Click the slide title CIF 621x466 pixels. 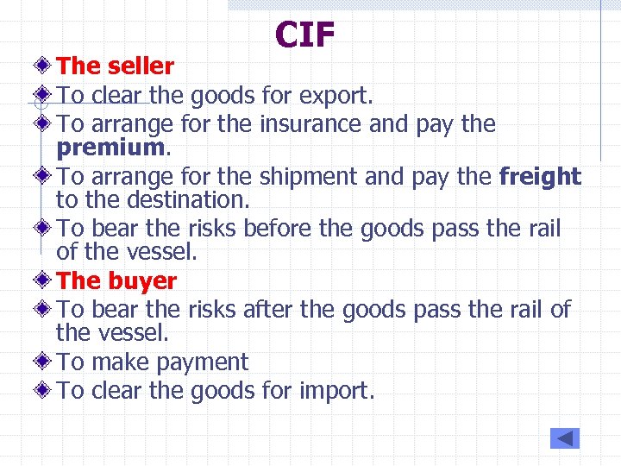(x=305, y=35)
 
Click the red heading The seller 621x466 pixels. (x=116, y=66)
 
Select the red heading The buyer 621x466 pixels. (x=116, y=280)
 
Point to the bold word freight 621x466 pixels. (x=541, y=177)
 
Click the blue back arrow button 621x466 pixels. (x=565, y=438)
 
